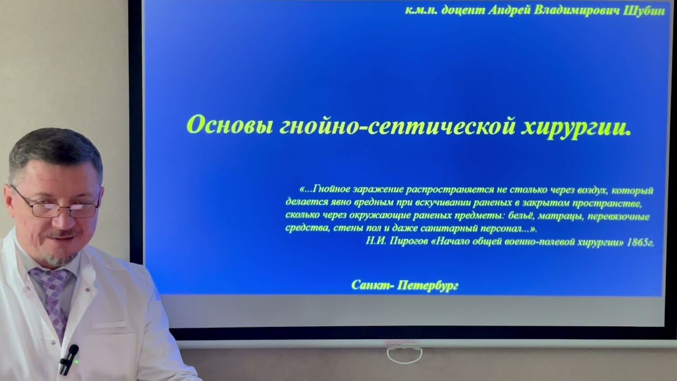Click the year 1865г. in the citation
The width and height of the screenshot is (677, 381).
pyautogui.click(x=641, y=242)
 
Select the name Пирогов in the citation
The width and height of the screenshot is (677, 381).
pyautogui.click(x=408, y=242)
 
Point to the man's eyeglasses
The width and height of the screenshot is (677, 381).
pyautogui.click(x=56, y=208)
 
